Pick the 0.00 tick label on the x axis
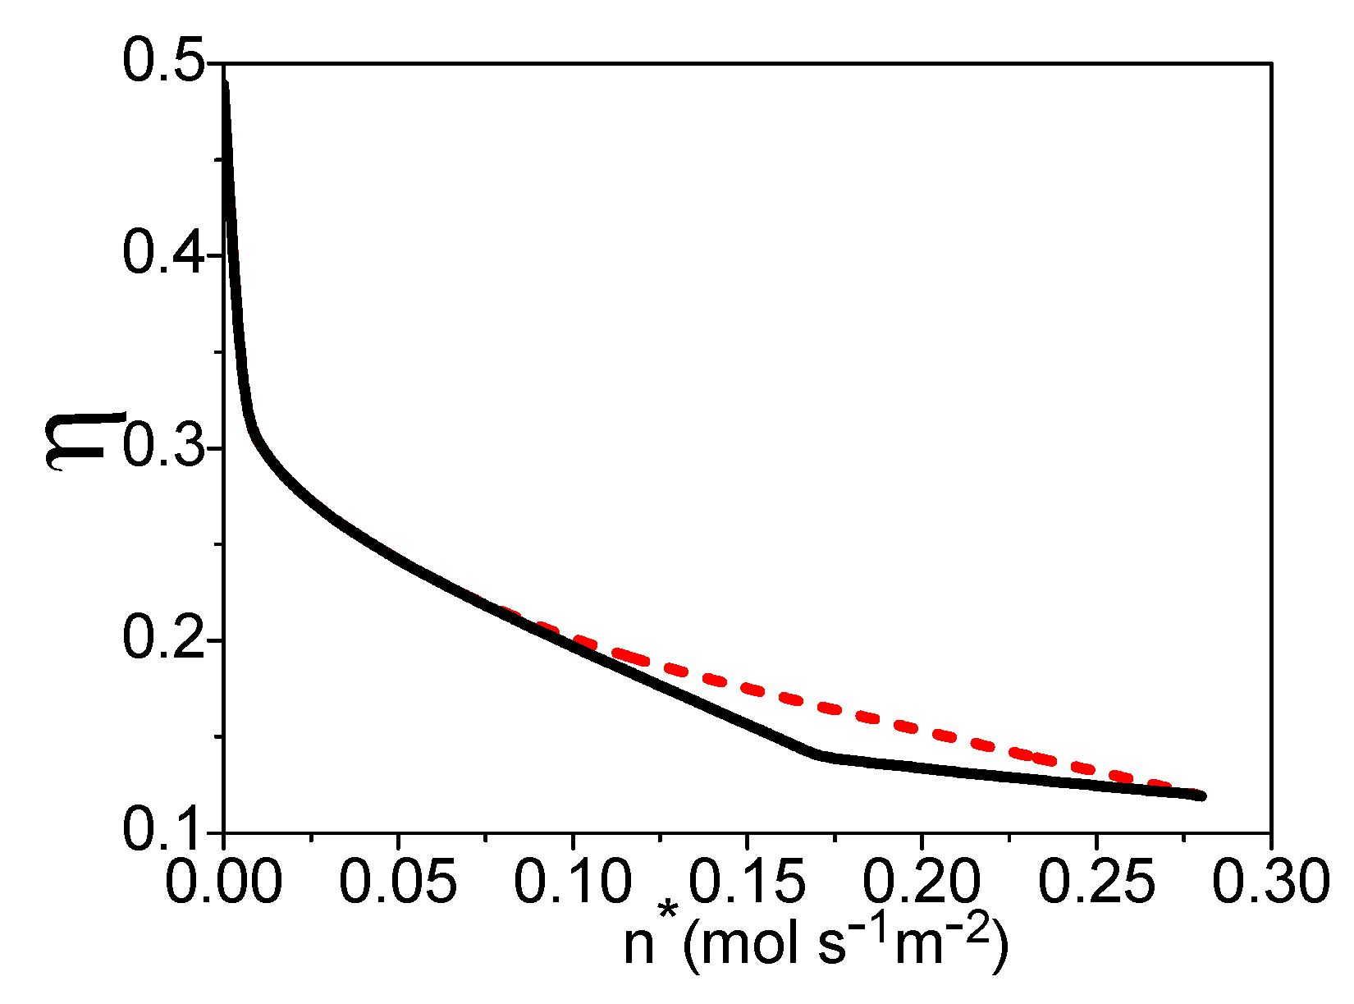pyautogui.click(x=224, y=882)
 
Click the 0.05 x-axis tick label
pyautogui.click(x=398, y=882)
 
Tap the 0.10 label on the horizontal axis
pyautogui.click(x=573, y=882)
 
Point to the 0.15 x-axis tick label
pyautogui.click(x=747, y=882)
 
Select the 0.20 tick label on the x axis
pyautogui.click(x=922, y=882)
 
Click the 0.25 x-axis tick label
pyautogui.click(x=1096, y=882)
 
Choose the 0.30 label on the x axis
pyautogui.click(x=1270, y=882)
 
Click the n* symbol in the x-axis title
pyautogui.click(x=648, y=940)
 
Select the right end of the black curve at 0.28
pyautogui.click(x=1201, y=795)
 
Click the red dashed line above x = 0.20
pyautogui.click(x=922, y=730)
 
